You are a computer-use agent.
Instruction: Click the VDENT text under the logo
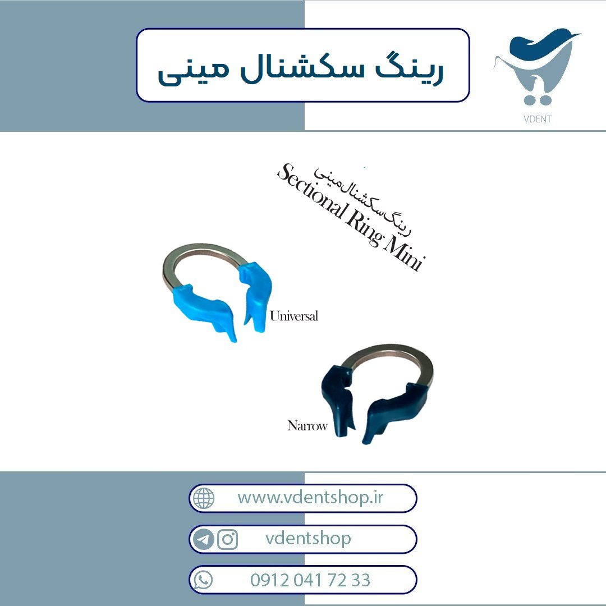click(x=537, y=119)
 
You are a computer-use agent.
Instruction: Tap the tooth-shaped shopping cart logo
click(x=536, y=66)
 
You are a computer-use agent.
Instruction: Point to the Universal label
click(x=294, y=316)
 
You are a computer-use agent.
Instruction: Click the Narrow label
click(x=307, y=425)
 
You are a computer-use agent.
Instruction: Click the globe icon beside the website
click(x=203, y=498)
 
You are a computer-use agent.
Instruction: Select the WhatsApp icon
click(x=203, y=580)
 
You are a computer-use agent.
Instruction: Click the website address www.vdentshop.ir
click(x=310, y=497)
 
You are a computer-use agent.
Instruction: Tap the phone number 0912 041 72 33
click(x=310, y=580)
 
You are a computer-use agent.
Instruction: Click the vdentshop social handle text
click(x=308, y=538)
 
